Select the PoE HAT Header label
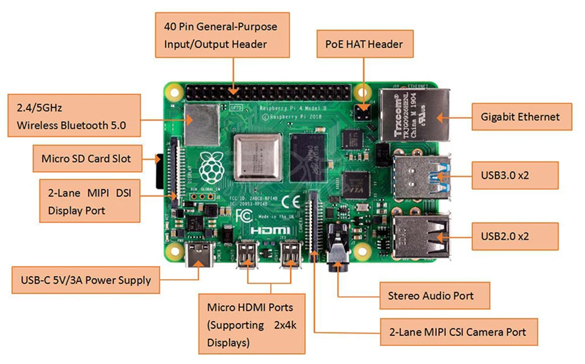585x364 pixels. (364, 43)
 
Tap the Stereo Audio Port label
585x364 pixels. (431, 295)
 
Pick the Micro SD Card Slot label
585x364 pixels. (86, 158)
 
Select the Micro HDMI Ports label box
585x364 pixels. (250, 324)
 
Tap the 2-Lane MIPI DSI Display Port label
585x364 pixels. (88, 200)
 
